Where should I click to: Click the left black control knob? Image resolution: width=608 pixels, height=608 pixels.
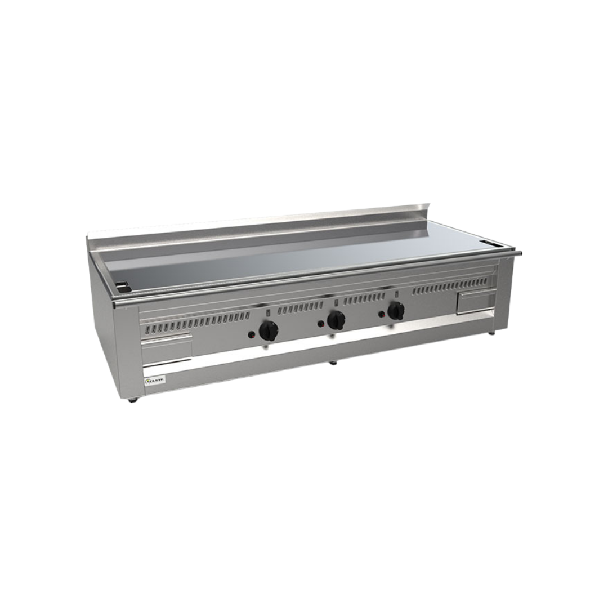click(x=269, y=330)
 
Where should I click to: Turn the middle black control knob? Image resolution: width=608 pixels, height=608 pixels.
click(x=336, y=320)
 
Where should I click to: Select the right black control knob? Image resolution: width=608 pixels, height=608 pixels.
click(x=396, y=310)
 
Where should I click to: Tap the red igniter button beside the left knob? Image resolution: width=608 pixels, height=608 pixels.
click(x=252, y=336)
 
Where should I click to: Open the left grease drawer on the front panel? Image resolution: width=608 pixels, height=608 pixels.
click(x=166, y=349)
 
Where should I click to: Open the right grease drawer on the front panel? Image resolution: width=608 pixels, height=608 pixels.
click(x=476, y=302)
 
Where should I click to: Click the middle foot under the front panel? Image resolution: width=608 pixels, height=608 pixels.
click(x=333, y=362)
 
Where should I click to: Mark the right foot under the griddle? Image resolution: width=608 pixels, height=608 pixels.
click(x=491, y=333)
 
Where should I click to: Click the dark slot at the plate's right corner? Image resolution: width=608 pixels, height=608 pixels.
click(x=494, y=243)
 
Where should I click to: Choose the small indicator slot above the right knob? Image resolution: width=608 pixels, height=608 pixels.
click(x=396, y=293)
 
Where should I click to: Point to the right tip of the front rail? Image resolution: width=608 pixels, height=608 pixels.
click(x=519, y=252)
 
